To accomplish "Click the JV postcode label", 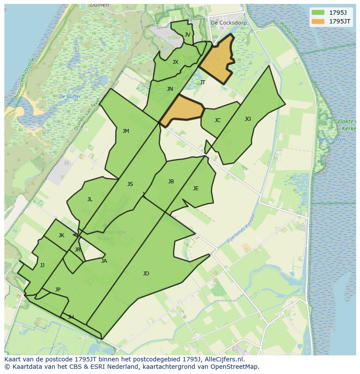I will (x=187, y=35).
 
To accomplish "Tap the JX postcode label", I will (x=175, y=62).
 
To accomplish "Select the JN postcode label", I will (x=170, y=89).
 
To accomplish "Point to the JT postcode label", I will (x=203, y=83).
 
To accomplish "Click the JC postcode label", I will (x=217, y=120).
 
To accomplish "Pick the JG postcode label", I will (x=248, y=119).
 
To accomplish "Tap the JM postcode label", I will (x=126, y=131).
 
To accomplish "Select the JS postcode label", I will (x=130, y=184).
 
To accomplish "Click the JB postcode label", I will (x=171, y=182).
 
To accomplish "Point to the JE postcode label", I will (x=196, y=189).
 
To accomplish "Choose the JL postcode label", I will (x=90, y=200).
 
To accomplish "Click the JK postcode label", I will (x=61, y=235).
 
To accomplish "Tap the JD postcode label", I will (x=146, y=274).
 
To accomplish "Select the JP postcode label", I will (x=58, y=290).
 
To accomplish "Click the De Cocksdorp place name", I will (x=229, y=23).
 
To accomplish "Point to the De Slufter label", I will (x=70, y=96).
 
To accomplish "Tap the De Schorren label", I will (x=332, y=139).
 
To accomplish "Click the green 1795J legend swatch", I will (x=318, y=13).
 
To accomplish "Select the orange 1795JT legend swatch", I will (x=318, y=21).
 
